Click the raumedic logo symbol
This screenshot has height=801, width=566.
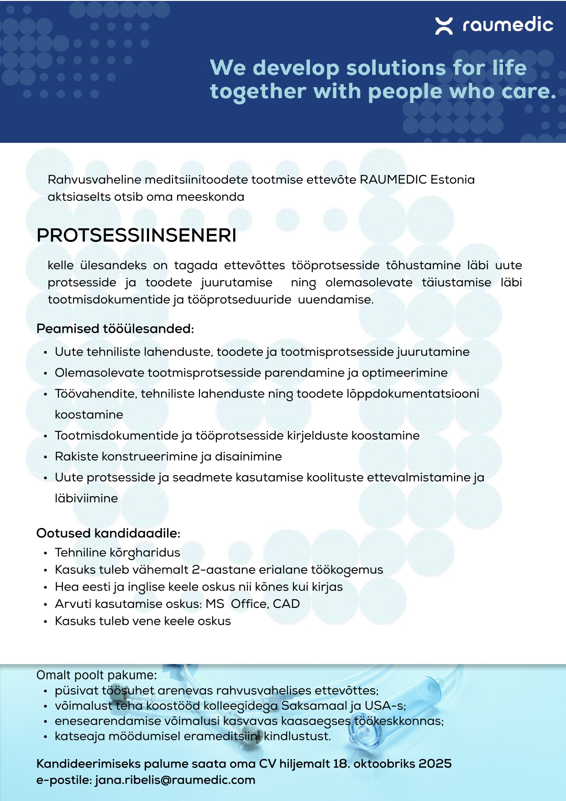click(444, 26)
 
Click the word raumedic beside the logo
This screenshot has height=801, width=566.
click(508, 25)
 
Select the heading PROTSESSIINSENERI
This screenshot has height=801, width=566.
click(136, 236)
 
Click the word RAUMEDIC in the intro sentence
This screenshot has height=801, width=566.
click(393, 179)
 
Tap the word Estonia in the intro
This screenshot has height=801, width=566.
click(452, 179)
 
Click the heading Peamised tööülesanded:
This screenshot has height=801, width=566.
click(115, 329)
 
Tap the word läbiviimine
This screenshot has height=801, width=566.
click(86, 498)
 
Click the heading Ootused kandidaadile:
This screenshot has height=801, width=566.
click(108, 533)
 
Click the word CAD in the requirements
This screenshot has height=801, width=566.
click(286, 604)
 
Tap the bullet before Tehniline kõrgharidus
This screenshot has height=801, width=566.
click(45, 553)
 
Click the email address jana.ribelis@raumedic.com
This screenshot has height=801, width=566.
click(175, 780)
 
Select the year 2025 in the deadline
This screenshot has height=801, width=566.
click(435, 764)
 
